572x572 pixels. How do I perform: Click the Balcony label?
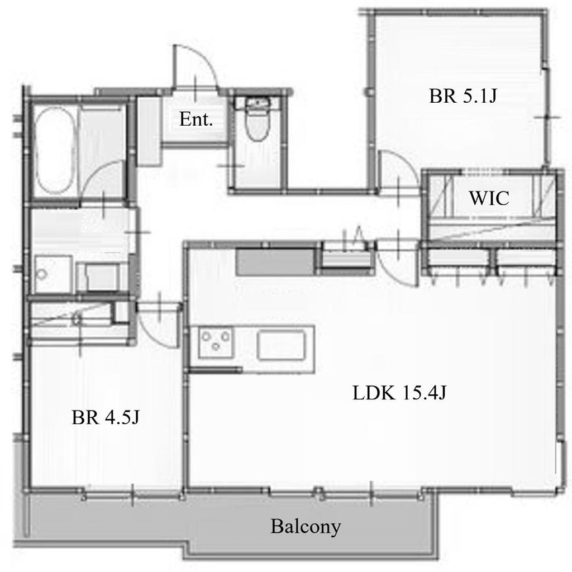[x=306, y=527]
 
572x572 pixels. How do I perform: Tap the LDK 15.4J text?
[x=399, y=393]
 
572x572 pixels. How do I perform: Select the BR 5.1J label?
[x=463, y=96]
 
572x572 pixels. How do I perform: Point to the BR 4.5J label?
[x=106, y=417]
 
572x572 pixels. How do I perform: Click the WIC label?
[x=489, y=198]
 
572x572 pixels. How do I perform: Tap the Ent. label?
[x=196, y=120]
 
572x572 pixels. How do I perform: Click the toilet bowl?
[x=258, y=125]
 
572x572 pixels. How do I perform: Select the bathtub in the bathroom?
[x=55, y=150]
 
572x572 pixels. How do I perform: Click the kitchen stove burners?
[x=216, y=341]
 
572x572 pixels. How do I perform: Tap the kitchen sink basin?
[x=281, y=345]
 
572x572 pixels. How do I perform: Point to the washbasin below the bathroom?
[x=53, y=274]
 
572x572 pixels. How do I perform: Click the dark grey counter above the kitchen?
[x=275, y=261]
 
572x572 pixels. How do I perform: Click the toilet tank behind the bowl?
[x=258, y=103]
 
